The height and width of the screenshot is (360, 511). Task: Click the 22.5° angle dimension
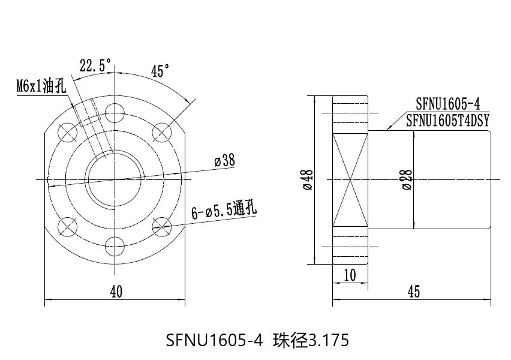tap(95, 65)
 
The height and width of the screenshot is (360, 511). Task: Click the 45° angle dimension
tap(159, 71)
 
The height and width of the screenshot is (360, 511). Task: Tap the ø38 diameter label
tap(224, 161)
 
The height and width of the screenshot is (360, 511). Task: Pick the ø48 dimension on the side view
tap(308, 179)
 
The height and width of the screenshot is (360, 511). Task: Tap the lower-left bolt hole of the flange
tap(67, 226)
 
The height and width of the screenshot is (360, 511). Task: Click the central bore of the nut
tap(114, 179)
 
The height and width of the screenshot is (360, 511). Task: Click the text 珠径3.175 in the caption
tap(310, 340)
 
